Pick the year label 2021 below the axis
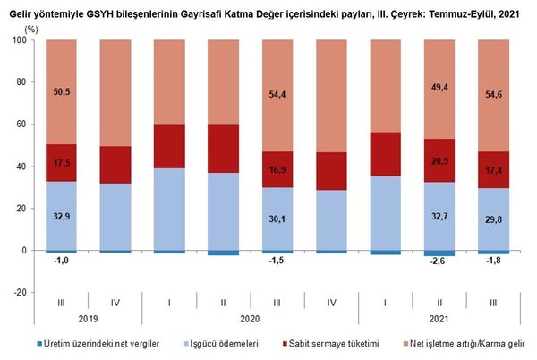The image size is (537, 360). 440,319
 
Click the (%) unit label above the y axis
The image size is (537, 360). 32,30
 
